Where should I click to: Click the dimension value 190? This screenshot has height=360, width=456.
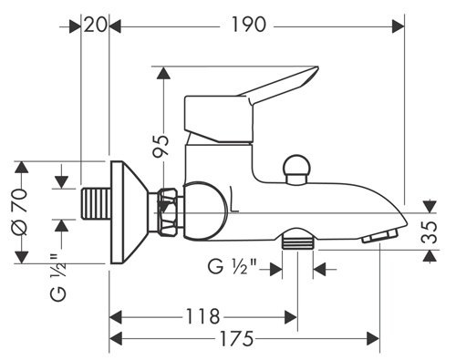[x=247, y=25]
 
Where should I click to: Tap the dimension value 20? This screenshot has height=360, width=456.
[x=94, y=25]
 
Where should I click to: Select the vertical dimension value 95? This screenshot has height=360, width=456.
[x=161, y=147]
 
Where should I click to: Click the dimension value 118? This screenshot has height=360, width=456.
[x=202, y=316]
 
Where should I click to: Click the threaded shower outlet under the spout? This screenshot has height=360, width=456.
[x=296, y=242]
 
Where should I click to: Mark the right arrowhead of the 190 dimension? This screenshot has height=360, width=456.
[x=399, y=26]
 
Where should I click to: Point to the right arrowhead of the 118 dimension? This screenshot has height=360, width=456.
[x=293, y=317]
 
